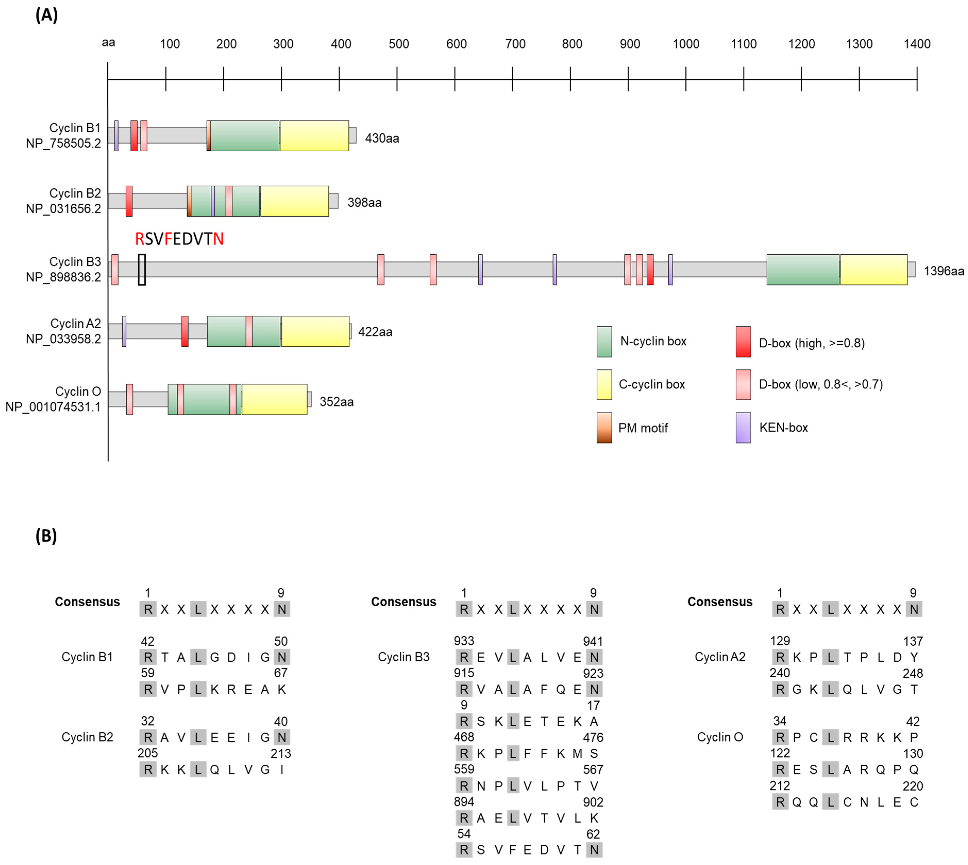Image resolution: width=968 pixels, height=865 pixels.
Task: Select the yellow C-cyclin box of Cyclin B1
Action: point(314,136)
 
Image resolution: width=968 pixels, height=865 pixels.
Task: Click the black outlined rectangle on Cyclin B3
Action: point(142,270)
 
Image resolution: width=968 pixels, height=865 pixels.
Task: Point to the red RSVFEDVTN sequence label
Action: point(179,239)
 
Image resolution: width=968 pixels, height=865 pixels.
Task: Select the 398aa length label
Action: point(364,202)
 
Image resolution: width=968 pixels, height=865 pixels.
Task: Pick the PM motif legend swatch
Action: point(604,428)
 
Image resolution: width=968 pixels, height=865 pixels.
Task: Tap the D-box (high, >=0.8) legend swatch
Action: point(743,341)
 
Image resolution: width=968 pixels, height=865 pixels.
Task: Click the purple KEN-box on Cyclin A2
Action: point(124,331)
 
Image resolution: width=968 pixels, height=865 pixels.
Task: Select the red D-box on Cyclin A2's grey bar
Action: point(185,331)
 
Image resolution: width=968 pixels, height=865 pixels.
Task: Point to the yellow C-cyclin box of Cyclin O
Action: point(274,399)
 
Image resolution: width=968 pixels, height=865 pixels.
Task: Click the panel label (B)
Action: point(46,536)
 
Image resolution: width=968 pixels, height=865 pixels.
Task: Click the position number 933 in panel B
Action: point(464,641)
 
